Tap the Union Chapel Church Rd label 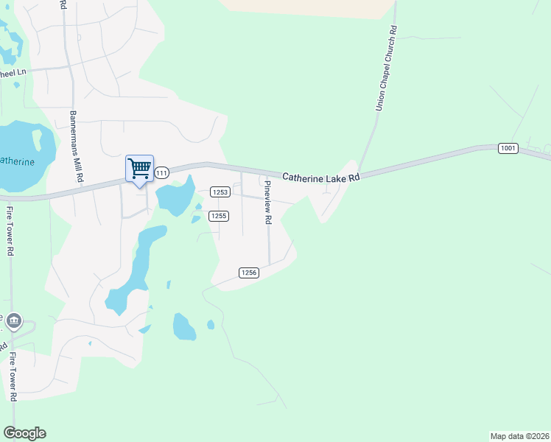pyautogui.click(x=387, y=69)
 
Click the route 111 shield pyautogui.click(x=162, y=172)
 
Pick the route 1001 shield pyautogui.click(x=508, y=148)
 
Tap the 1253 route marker pyautogui.click(x=221, y=192)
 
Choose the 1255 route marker pyautogui.click(x=217, y=216)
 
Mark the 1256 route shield pyautogui.click(x=248, y=273)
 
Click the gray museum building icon pyautogui.click(x=13, y=322)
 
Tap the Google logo pyautogui.click(x=24, y=433)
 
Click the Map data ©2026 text pyautogui.click(x=519, y=435)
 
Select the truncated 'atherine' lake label pyautogui.click(x=17, y=161)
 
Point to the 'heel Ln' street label pyautogui.click(x=13, y=74)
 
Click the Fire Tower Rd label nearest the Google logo pyautogui.click(x=13, y=376)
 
